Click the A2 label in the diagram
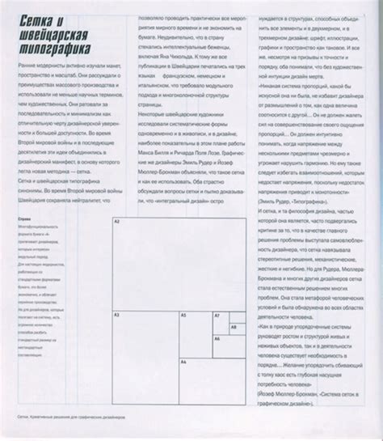point(117,221)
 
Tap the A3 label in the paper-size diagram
point(117,313)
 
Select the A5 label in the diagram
point(184,313)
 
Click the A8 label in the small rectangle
point(234,325)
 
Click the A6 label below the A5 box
point(184,359)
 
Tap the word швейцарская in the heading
point(57,49)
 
